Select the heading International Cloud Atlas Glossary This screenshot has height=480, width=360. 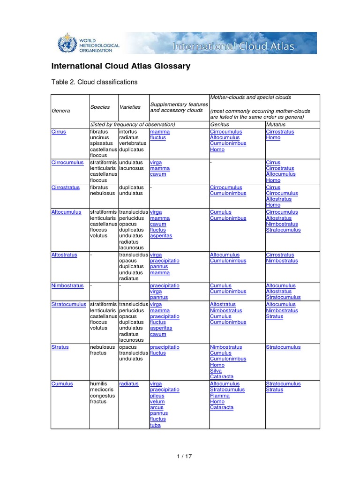coord(120,66)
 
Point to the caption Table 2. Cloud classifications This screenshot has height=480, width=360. coord(94,82)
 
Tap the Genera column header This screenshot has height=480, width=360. coord(60,111)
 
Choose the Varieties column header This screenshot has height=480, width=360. coord(130,107)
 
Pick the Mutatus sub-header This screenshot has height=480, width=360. coord(276,125)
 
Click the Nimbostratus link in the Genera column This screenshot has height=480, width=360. coord(67,285)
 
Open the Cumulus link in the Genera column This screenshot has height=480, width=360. coord(62,383)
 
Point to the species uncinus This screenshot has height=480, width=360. coord(99,138)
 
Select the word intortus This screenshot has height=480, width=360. coord(128,132)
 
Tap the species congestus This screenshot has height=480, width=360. coord(102,396)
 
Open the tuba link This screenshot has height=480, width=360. coord(155,425)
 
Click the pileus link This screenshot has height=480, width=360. coord(157,396)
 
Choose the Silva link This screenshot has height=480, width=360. coord(216,371)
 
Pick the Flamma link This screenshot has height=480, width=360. coord(220,396)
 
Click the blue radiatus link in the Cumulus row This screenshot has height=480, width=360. coord(129,383)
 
